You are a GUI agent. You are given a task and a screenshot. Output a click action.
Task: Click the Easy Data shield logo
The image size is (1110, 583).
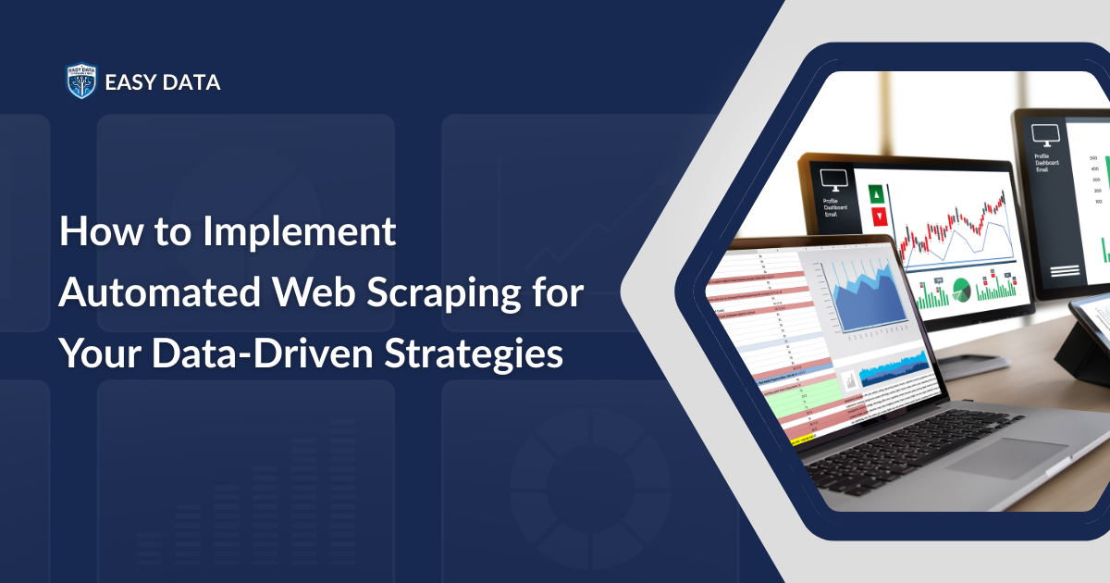coord(81,81)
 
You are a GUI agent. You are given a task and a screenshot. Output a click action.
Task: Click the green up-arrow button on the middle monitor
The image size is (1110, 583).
coord(877,194)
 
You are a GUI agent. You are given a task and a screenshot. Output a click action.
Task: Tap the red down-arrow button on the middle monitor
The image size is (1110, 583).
coord(878,218)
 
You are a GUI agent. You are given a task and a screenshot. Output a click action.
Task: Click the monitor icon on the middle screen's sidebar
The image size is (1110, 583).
coord(826,177)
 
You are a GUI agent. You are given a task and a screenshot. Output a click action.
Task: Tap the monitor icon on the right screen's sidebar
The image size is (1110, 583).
coord(1045,135)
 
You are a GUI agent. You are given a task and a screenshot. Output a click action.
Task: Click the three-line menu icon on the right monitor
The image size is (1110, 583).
coord(1065,270)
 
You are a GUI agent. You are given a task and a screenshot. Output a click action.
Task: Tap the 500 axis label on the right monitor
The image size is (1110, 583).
coord(1094,157)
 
